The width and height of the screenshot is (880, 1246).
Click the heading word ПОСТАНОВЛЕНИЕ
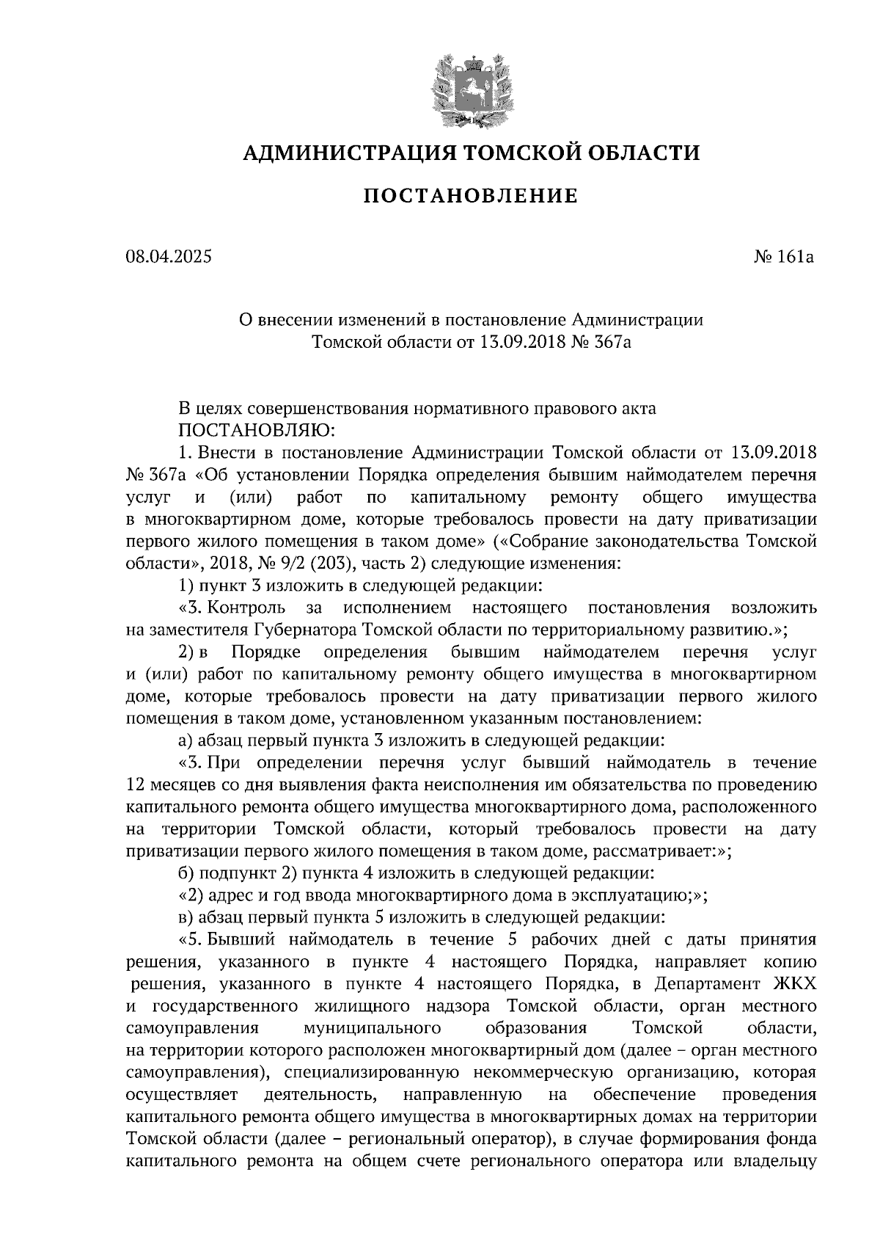[x=471, y=196]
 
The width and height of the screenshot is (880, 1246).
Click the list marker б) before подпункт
[x=187, y=873]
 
